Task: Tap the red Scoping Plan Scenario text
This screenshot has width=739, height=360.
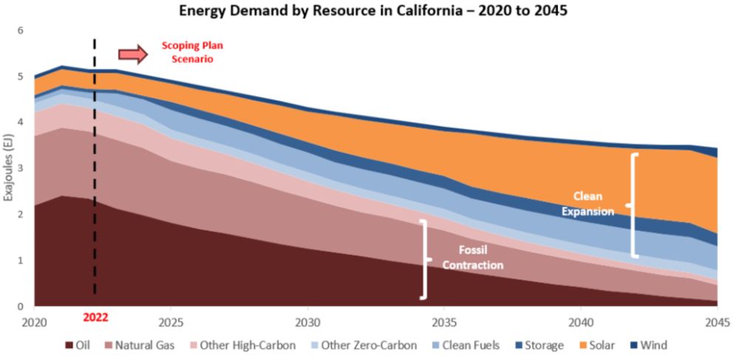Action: [x=192, y=52]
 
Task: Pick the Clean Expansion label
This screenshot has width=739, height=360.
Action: [x=588, y=203]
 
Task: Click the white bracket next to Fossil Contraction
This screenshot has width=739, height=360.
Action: [x=424, y=259]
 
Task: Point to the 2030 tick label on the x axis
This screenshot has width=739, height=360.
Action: [x=307, y=322]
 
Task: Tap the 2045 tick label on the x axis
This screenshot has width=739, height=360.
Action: [x=718, y=322]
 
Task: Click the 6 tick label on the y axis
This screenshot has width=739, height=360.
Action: [x=21, y=30]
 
